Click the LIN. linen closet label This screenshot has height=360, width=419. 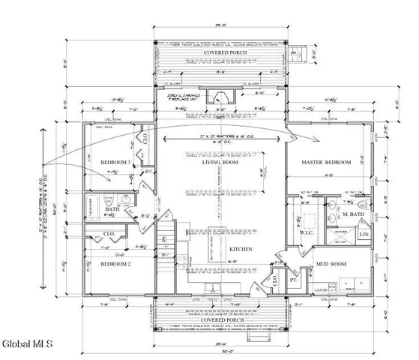click(x=365, y=234)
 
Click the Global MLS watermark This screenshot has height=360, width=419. click(x=27, y=343)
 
